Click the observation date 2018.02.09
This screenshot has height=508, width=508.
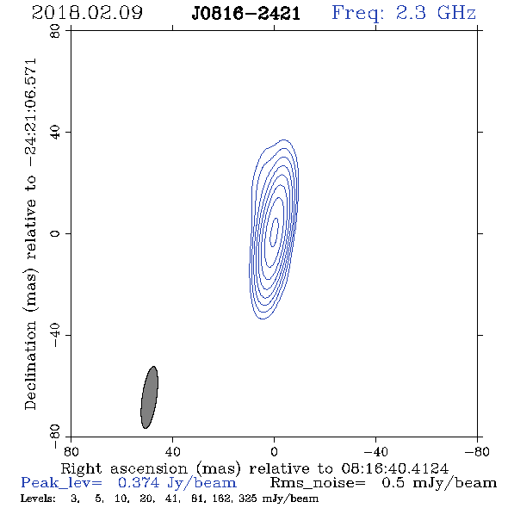click(87, 13)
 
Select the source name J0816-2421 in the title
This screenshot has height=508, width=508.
click(246, 14)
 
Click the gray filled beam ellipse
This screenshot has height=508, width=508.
click(149, 397)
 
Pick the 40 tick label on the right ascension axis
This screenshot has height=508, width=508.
click(172, 452)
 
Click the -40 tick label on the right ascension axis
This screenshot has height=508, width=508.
click(375, 452)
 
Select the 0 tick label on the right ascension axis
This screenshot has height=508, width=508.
click(274, 452)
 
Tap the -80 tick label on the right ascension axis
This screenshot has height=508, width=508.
click(477, 452)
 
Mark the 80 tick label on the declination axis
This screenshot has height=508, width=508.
click(55, 31)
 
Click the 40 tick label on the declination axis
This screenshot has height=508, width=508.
click(55, 133)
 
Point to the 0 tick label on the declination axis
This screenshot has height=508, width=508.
click(55, 233)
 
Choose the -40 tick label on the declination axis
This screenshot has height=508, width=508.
click(55, 335)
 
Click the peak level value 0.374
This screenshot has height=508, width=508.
click(139, 483)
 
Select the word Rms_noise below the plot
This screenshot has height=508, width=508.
click(318, 483)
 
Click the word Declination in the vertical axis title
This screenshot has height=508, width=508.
click(30, 366)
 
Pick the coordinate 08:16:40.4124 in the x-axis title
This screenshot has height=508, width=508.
click(394, 468)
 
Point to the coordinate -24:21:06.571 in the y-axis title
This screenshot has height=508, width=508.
click(31, 113)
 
